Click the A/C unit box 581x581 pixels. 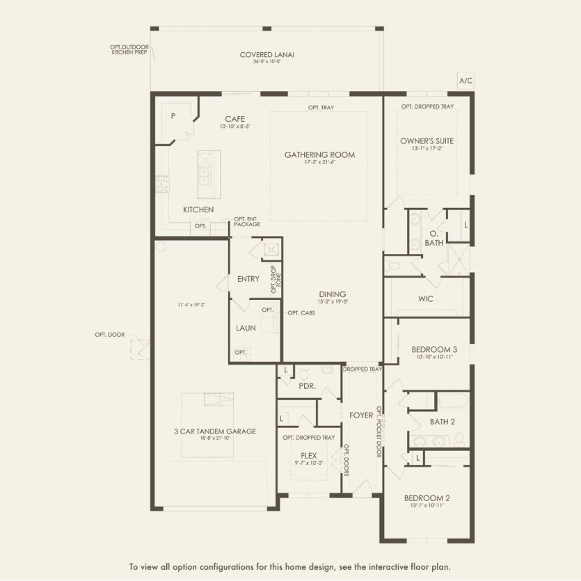[465, 81]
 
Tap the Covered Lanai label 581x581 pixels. [263, 55]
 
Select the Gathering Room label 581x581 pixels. [319, 154]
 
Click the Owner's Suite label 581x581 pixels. [427, 141]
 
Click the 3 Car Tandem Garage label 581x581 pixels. [215, 431]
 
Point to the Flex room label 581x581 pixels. [309, 455]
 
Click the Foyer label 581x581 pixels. [361, 415]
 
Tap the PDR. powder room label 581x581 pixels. [308, 385]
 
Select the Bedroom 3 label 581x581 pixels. [434, 349]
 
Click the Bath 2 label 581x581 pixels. [442, 421]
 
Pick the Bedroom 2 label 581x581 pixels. [427, 498]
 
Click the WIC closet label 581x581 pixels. [426, 299]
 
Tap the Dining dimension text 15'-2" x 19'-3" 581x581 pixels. [333, 301]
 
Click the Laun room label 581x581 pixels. [244, 327]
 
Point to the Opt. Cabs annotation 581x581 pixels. [301, 313]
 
